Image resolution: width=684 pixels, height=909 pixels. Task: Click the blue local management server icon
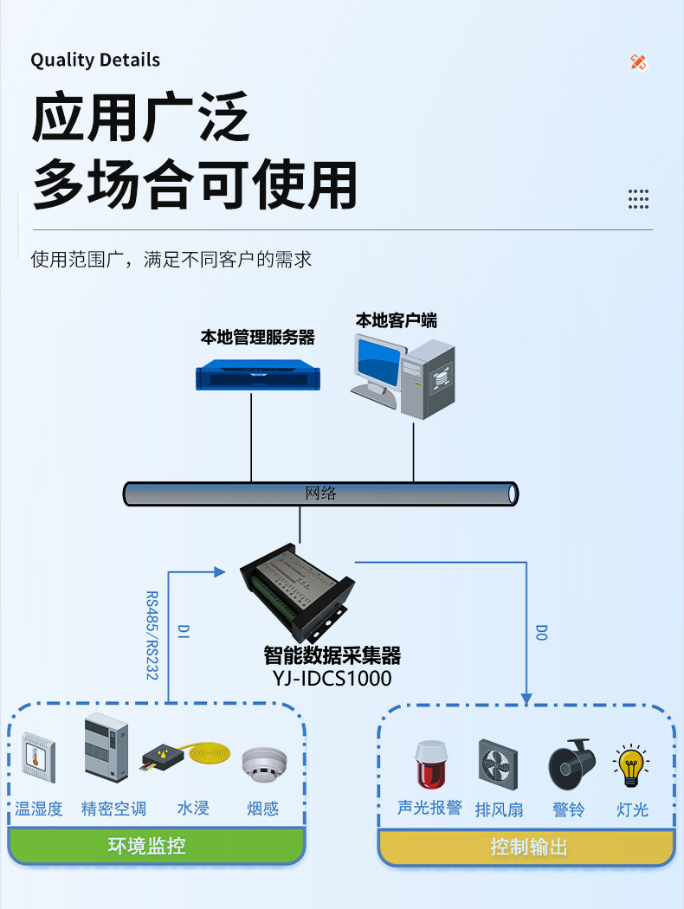(x=258, y=375)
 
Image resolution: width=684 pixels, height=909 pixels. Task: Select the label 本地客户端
(x=396, y=320)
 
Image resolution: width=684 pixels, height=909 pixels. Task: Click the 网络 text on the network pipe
(x=320, y=493)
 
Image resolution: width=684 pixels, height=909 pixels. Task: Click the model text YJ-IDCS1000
(x=326, y=678)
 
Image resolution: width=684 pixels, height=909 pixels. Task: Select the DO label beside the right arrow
(x=541, y=632)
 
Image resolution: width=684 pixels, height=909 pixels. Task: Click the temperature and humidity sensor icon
(x=39, y=757)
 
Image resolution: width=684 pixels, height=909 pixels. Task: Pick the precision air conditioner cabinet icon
(x=106, y=750)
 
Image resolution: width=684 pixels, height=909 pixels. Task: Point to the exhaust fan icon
(x=499, y=764)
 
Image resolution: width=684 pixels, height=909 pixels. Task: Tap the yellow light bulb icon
(x=631, y=764)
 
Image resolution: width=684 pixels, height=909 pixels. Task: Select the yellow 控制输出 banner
(x=527, y=847)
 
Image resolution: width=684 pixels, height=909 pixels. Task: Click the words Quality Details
(x=95, y=60)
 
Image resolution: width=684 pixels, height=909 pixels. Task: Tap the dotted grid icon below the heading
(x=638, y=198)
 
